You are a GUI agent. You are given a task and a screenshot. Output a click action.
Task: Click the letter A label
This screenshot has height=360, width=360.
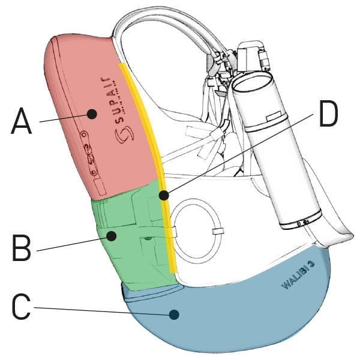coord(20,122)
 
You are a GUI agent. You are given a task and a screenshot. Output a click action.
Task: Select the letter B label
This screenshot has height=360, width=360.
coord(21,248)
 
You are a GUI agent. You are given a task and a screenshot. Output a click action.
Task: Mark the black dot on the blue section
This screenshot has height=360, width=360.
coord(174,313)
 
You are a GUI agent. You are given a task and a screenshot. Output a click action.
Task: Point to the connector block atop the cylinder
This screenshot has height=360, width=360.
coord(252,57)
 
